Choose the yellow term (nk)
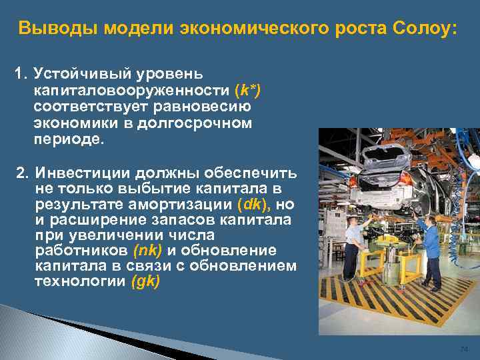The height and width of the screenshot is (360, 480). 149,251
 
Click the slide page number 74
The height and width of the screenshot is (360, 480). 464,349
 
